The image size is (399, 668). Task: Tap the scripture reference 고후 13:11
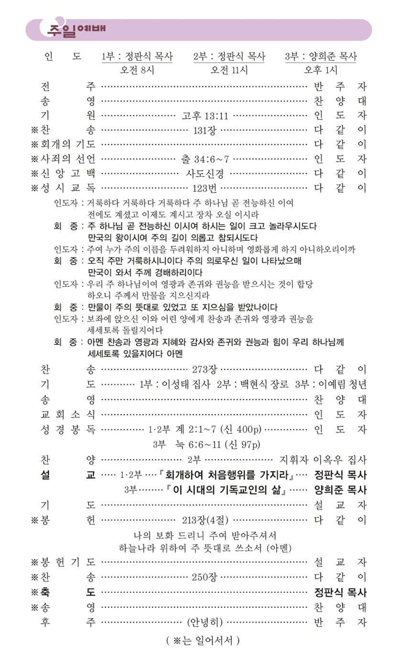point(205,115)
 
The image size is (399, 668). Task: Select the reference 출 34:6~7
point(205,158)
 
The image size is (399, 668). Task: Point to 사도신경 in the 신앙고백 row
point(205,173)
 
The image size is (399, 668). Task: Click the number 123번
point(205,187)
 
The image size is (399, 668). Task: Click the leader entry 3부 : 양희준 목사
point(321,56)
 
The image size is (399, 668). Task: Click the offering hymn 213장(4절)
point(205,520)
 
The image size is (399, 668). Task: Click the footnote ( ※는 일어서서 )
point(200,639)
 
